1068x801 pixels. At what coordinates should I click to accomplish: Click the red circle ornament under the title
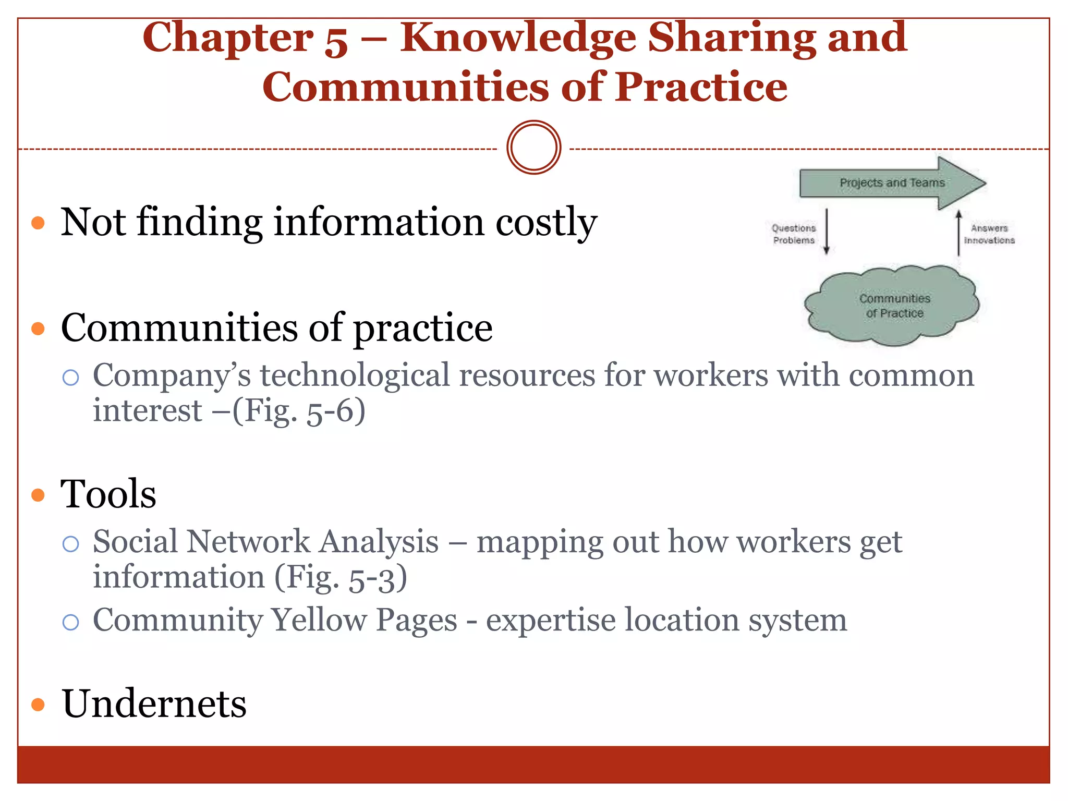coord(533,148)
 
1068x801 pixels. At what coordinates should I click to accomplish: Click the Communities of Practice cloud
coord(893,306)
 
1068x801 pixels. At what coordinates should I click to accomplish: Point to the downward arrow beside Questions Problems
coord(827,231)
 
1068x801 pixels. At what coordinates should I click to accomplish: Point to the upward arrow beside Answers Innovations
coord(958,233)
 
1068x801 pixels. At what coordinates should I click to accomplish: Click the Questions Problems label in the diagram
coord(794,234)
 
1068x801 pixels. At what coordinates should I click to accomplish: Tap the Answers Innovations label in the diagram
coord(989,234)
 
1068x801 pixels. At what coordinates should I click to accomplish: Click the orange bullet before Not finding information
coord(38,223)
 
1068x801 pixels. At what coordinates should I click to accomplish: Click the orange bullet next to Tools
coord(38,494)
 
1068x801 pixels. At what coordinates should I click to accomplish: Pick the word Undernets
coord(154,703)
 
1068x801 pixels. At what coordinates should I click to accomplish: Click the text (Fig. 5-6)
coord(299,411)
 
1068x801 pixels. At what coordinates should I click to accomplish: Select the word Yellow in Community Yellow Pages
coord(319,620)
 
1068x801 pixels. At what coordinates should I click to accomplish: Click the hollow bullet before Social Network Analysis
coord(70,544)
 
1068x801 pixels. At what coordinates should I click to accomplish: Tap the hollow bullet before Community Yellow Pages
coord(70,622)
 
